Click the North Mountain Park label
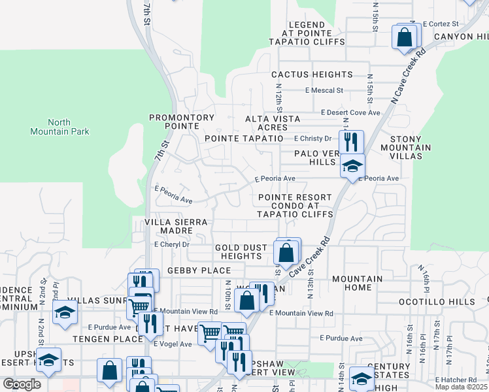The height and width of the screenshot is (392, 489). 59,127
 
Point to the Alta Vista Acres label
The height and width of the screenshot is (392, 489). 273,123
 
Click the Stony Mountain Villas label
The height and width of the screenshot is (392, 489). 410,143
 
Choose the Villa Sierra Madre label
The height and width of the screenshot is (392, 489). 176,227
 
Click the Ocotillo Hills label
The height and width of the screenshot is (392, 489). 437,302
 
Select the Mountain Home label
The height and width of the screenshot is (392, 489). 357,283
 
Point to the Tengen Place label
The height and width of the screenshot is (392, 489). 103,338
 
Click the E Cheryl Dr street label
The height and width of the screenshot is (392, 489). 171,244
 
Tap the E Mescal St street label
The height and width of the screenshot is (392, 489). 324,91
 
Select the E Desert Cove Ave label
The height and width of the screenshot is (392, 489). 350,112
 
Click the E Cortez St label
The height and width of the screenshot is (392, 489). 441,24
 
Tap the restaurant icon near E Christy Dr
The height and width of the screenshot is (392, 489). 352,142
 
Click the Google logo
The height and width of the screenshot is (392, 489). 22,384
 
